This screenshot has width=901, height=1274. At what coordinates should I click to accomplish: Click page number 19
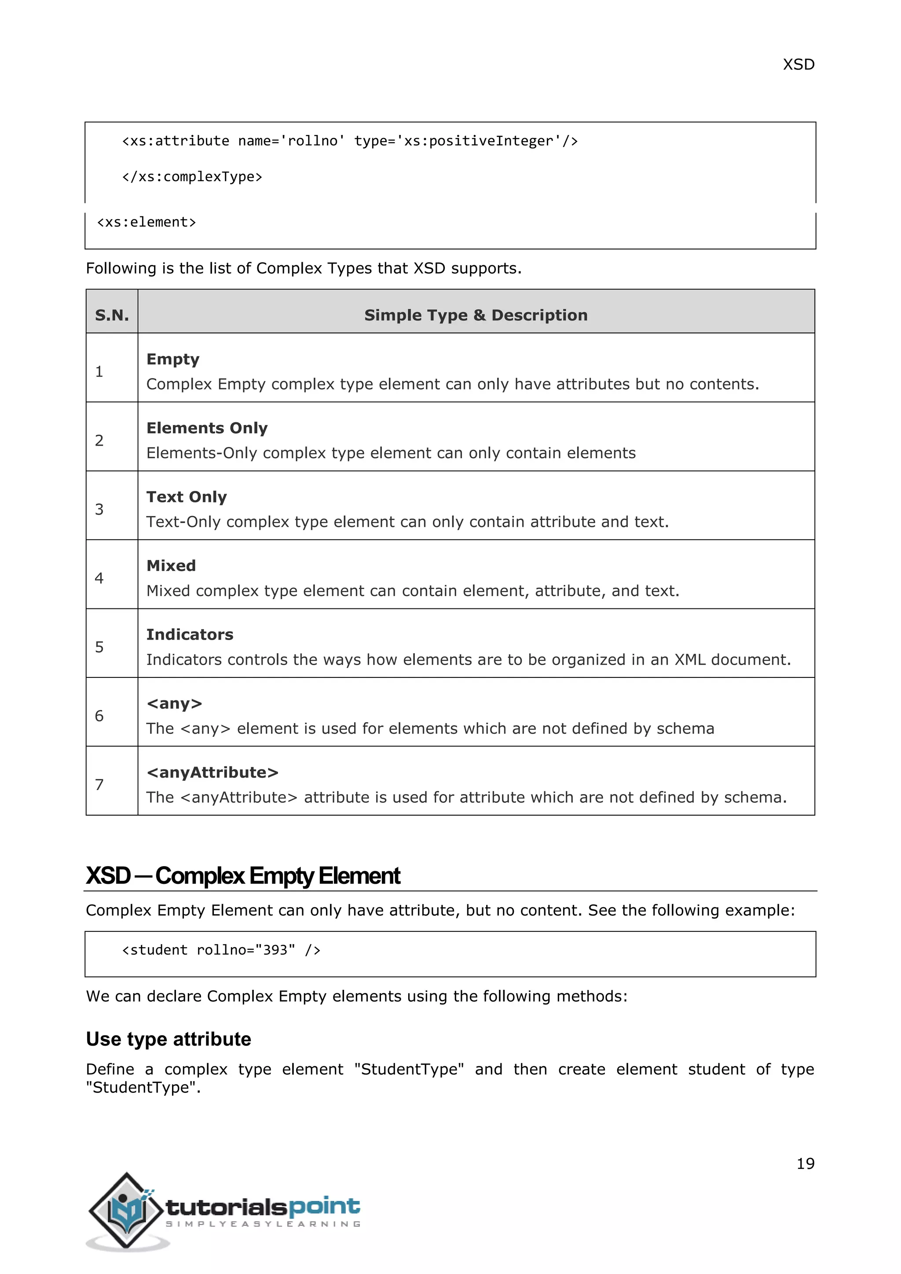tap(805, 1163)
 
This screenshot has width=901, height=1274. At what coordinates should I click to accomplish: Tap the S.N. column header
tap(111, 315)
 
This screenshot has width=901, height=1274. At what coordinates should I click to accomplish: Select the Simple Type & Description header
tap(476, 315)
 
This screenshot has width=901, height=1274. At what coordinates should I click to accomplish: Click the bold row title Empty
tap(172, 359)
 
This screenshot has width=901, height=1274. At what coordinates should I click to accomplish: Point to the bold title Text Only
tap(187, 497)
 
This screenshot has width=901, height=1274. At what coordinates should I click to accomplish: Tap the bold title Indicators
tap(190, 634)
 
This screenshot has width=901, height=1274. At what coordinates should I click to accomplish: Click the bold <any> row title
tap(174, 703)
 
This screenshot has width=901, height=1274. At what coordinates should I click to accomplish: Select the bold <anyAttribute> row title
tap(212, 772)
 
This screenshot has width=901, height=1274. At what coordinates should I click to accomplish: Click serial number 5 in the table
tap(99, 647)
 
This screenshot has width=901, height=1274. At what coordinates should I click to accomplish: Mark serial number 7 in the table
tap(99, 785)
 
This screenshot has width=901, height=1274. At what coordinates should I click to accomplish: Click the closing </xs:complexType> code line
tap(192, 177)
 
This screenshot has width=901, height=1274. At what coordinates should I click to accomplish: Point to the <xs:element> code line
tap(147, 223)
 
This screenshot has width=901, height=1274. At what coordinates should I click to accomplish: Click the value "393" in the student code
tap(275, 950)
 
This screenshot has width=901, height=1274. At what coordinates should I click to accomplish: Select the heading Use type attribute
tap(168, 1039)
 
